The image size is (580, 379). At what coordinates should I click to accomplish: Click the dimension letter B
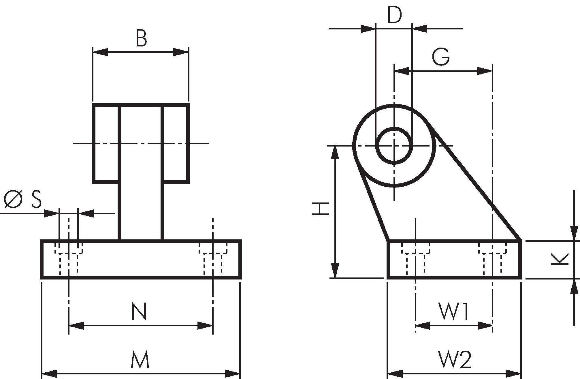(x=141, y=39)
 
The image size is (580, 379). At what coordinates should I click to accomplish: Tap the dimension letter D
(x=394, y=15)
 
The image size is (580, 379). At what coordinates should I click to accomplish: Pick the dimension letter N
(x=139, y=312)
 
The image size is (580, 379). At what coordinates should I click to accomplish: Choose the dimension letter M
(x=140, y=360)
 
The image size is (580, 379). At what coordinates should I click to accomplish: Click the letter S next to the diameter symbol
(x=36, y=199)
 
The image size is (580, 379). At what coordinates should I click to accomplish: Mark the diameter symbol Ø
(x=13, y=199)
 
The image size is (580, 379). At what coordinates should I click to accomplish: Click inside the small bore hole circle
(x=394, y=146)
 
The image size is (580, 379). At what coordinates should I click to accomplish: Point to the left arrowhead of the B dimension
(x=100, y=52)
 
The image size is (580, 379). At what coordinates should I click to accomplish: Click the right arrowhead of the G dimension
(x=484, y=71)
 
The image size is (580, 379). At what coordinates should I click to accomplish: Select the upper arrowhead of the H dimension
(x=335, y=153)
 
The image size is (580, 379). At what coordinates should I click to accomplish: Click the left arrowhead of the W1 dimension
(x=423, y=326)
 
